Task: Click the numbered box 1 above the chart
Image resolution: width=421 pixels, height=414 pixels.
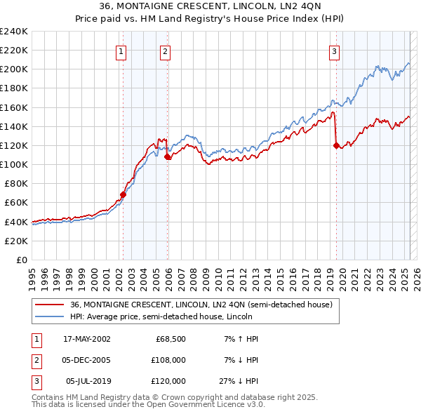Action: pos(121,51)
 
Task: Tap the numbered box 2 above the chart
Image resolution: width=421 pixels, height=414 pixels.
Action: pos(165,51)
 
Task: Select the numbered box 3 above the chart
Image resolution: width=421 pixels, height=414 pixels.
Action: pos(335,51)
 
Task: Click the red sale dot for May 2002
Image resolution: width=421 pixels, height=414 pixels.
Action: pos(123,194)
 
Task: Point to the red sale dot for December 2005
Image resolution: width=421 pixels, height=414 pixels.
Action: pos(168,157)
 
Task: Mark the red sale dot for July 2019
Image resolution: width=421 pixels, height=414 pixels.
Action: pos(336,145)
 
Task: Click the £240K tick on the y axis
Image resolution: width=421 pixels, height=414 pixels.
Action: pos(14,32)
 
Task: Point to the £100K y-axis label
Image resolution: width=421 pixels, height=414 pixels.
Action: pos(14,164)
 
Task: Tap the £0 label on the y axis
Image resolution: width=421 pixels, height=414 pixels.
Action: pos(21,260)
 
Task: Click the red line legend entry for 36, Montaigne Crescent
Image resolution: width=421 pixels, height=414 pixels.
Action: pos(204,305)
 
